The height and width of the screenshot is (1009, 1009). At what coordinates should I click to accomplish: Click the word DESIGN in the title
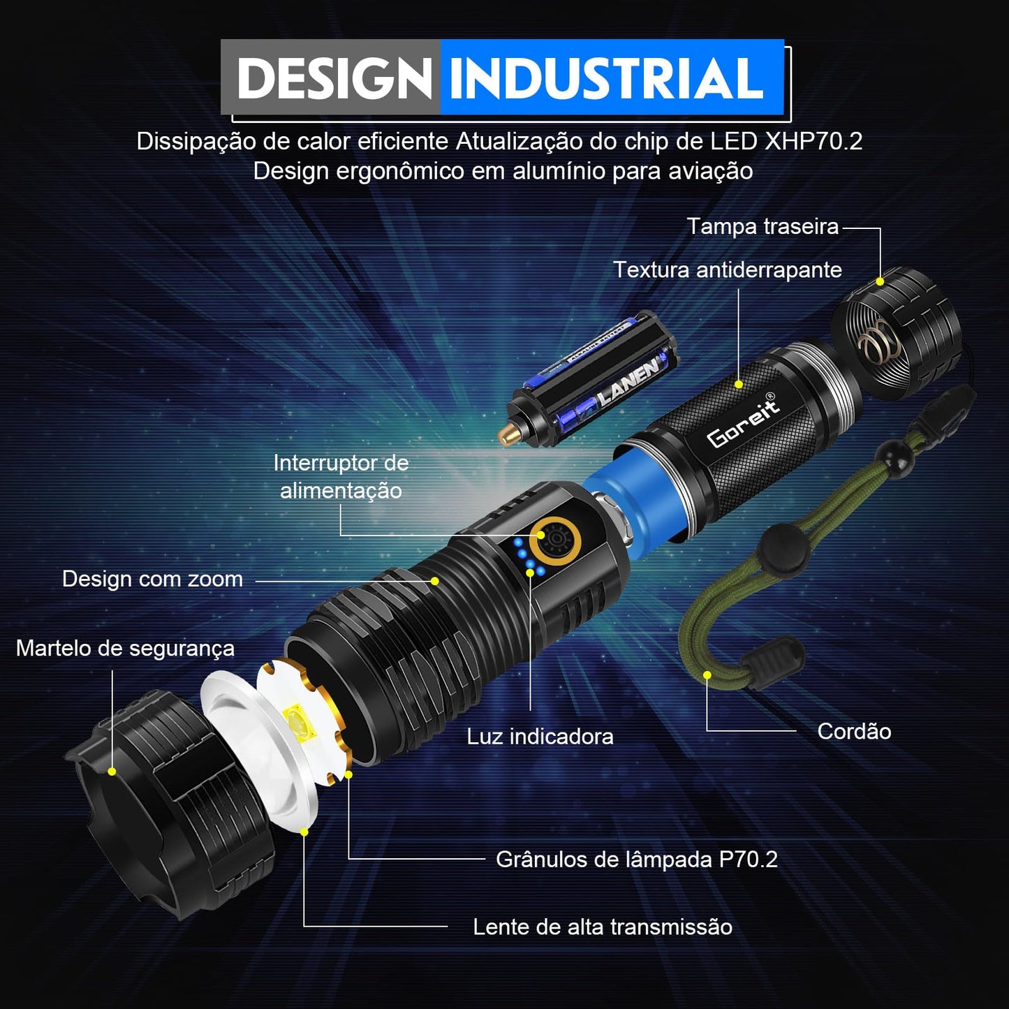[x=334, y=78]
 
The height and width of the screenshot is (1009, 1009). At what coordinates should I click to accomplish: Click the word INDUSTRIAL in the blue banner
[x=606, y=78]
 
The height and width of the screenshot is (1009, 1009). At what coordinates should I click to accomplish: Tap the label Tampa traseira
[x=763, y=227]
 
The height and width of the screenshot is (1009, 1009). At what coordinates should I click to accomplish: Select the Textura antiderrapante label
[x=727, y=270]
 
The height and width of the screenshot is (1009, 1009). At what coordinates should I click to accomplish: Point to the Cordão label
[x=853, y=732]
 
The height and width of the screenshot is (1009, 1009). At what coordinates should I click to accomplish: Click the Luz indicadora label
[x=540, y=737]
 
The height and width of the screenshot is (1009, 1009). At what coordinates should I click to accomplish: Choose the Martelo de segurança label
[x=125, y=649]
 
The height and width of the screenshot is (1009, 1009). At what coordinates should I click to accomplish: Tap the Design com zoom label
[x=152, y=580]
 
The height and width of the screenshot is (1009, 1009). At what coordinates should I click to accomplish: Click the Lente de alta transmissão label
[x=602, y=927]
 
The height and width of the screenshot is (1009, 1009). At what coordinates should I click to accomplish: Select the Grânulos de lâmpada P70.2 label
[x=636, y=860]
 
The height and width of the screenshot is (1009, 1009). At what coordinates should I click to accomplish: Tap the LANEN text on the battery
[x=628, y=383]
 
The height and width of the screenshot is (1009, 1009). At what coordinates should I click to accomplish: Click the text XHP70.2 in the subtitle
[x=813, y=142]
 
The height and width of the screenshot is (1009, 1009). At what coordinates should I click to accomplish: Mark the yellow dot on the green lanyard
[x=707, y=675]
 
